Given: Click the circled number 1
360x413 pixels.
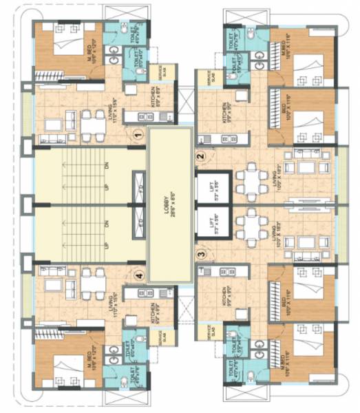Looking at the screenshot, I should (138, 135).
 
